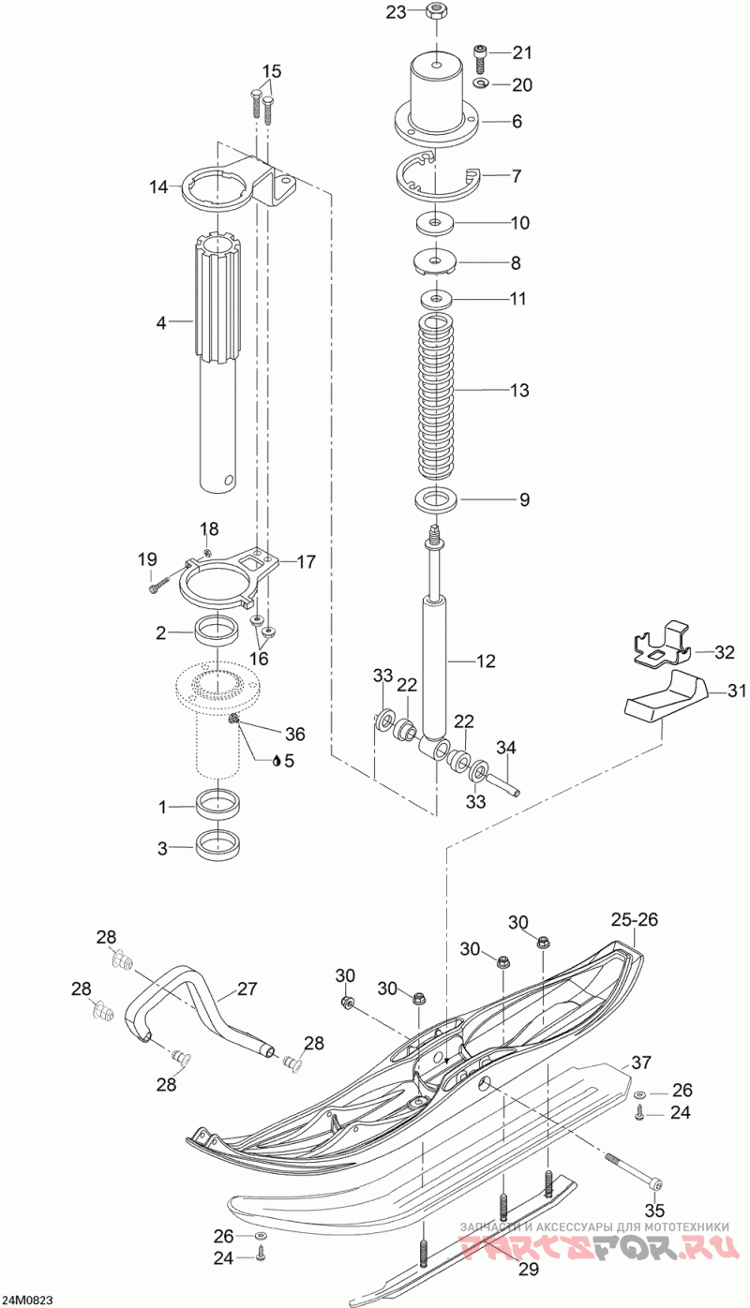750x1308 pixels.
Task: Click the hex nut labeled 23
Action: click(x=435, y=10)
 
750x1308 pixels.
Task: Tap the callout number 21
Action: click(x=522, y=52)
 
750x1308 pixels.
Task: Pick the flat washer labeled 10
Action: click(x=436, y=222)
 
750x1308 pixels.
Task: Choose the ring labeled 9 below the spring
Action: click(x=436, y=499)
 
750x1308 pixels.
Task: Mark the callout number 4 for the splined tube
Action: click(x=161, y=322)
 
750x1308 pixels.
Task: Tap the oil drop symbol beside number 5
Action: click(x=277, y=760)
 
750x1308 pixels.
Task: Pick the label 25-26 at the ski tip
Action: click(x=635, y=919)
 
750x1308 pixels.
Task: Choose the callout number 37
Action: click(x=640, y=1063)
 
